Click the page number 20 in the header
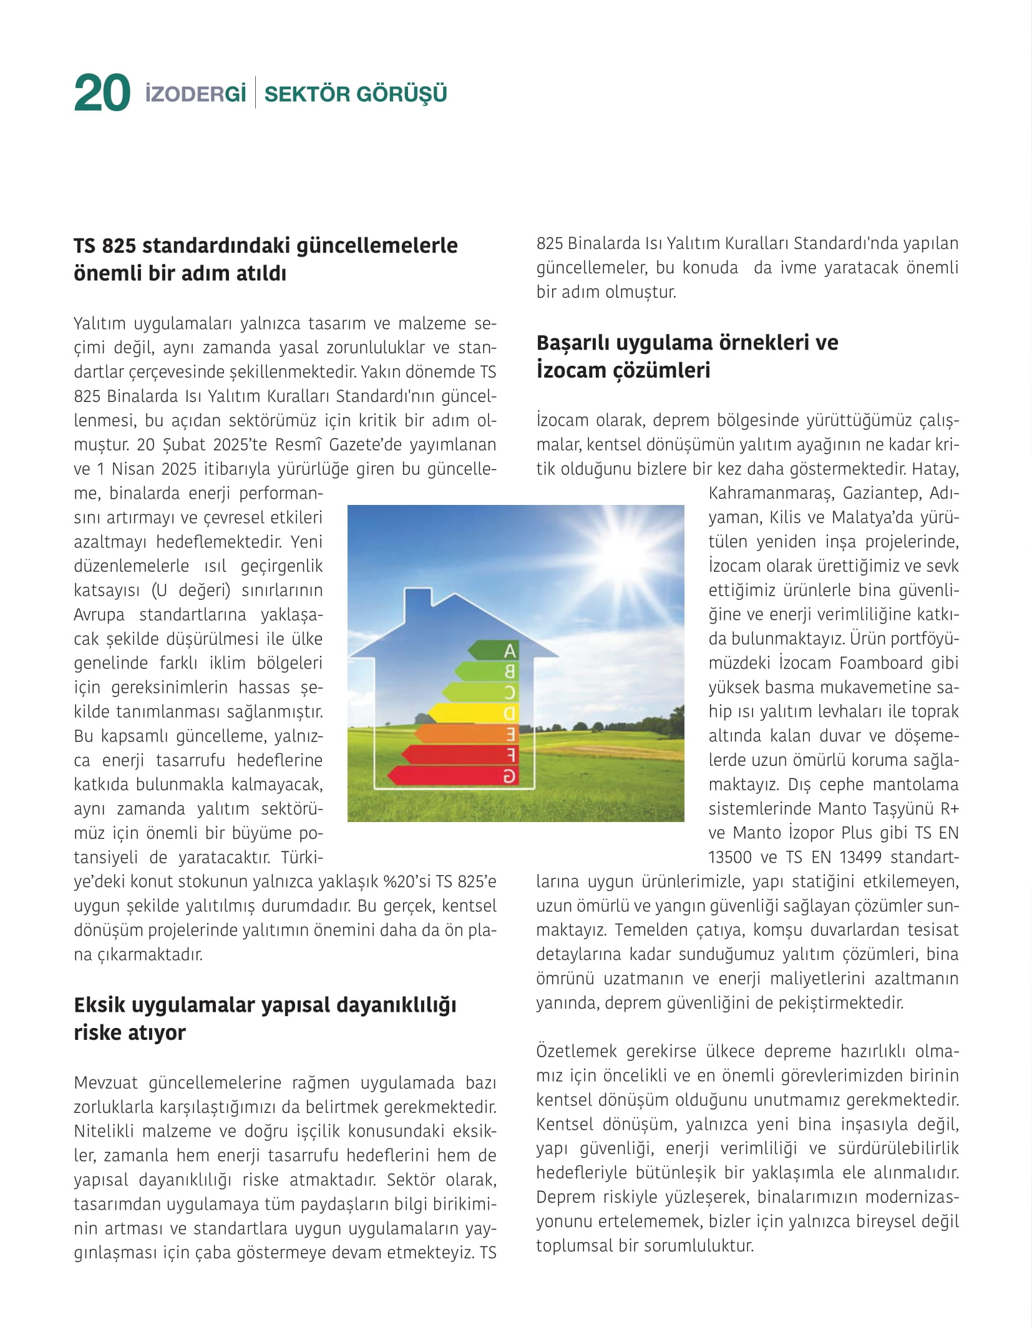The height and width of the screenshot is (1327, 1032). click(102, 94)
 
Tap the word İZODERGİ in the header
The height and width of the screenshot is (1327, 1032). click(195, 94)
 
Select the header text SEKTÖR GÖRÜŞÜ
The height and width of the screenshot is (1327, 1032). click(356, 94)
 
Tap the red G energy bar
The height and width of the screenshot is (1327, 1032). click(452, 776)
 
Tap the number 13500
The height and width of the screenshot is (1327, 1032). click(730, 858)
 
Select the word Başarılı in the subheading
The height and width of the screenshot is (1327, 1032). click(573, 343)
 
